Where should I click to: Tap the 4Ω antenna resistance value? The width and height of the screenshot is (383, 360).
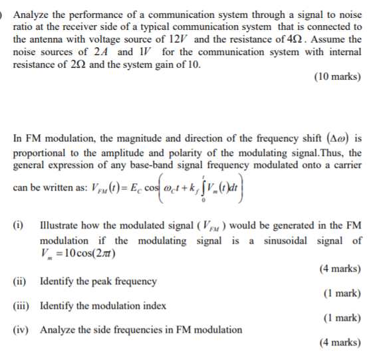[295, 39]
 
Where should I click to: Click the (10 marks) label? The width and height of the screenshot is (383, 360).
[337, 77]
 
